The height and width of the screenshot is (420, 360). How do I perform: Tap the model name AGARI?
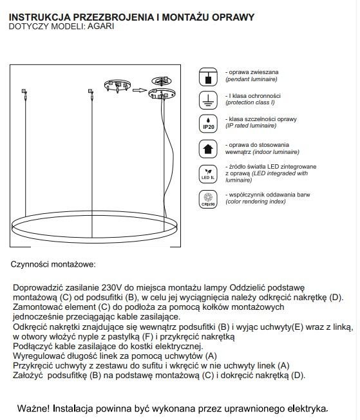coord(100,26)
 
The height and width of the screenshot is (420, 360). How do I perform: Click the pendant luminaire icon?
coord(208,77)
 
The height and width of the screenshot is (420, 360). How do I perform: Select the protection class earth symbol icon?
coord(208,100)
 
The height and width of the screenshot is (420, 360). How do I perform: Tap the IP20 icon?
coord(208,124)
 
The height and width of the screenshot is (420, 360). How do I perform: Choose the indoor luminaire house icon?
coord(208,149)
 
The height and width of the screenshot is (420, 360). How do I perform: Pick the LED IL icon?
coord(208,174)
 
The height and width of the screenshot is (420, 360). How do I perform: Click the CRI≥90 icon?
coord(208,199)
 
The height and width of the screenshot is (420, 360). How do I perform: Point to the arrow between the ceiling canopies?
coord(140,90)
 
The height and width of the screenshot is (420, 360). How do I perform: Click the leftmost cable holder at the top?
coord(24,93)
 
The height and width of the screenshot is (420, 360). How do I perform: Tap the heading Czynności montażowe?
coord(53,264)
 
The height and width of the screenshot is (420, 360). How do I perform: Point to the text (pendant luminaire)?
coord(251,79)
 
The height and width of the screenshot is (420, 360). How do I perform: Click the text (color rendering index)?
coord(256,202)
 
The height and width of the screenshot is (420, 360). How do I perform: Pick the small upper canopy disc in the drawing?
coord(162,81)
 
